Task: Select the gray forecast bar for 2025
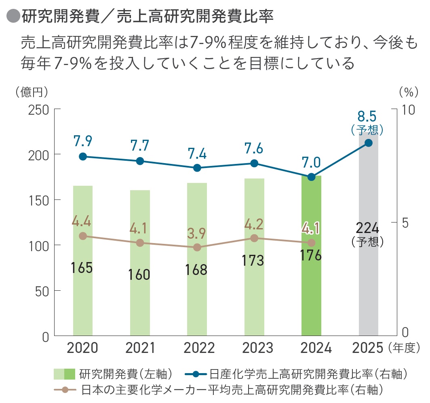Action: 369,283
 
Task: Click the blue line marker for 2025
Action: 369,143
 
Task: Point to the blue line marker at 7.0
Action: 311,177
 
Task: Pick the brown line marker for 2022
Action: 197,248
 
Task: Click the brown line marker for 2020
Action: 83,236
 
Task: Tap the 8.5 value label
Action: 367,116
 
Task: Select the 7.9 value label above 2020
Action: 83,141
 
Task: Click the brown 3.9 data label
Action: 197,234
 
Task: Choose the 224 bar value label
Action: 367,229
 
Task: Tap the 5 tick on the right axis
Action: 405,222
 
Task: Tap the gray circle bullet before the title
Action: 13,16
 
